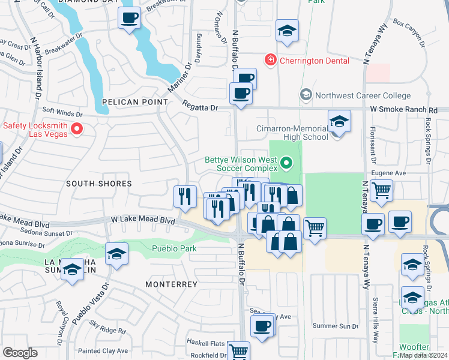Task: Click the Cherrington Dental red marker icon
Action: [x=271, y=60]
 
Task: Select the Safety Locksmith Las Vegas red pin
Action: [x=77, y=129]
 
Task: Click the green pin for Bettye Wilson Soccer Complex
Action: [x=286, y=162]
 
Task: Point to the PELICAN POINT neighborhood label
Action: [x=135, y=102]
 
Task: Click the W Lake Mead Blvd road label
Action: [x=142, y=221]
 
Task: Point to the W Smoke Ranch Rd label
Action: [x=403, y=110]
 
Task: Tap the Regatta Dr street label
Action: [x=200, y=107]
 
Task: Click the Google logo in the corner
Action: [x=20, y=353]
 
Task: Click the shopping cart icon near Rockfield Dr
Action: [x=238, y=352]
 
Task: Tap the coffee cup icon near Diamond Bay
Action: [x=129, y=18]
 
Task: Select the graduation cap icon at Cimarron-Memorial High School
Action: [x=339, y=122]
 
